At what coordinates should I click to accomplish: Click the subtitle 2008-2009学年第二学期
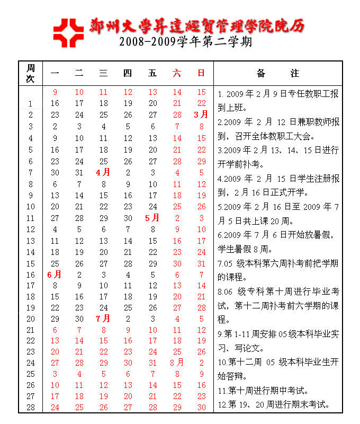185,42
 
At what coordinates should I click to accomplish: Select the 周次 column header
31,73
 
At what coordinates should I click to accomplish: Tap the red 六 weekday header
177,74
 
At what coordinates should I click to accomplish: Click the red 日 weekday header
201,74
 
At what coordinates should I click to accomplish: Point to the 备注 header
277,73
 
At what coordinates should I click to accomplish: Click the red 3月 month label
201,114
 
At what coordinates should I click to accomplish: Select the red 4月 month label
103,172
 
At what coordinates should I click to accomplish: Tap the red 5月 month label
152,218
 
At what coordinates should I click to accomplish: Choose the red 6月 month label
55,275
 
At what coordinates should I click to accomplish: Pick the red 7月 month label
103,319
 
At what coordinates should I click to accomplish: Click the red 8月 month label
177,363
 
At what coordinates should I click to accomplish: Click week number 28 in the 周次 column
31,407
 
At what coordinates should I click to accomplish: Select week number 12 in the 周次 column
31,229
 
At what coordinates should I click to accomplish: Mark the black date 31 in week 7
79,172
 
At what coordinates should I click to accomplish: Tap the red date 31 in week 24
152,363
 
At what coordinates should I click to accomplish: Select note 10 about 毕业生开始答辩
278,369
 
